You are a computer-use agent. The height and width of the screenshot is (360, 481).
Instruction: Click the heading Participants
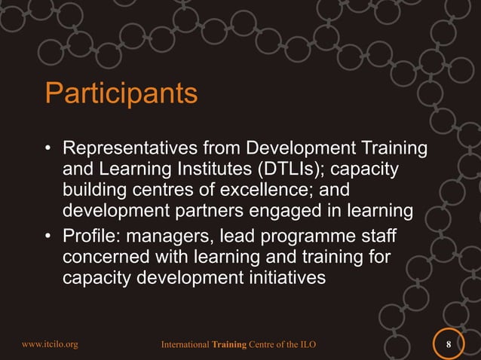tap(121, 94)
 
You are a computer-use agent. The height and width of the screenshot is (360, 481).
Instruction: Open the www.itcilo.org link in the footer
tap(50, 345)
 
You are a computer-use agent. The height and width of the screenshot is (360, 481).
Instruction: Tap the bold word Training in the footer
tap(230, 345)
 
